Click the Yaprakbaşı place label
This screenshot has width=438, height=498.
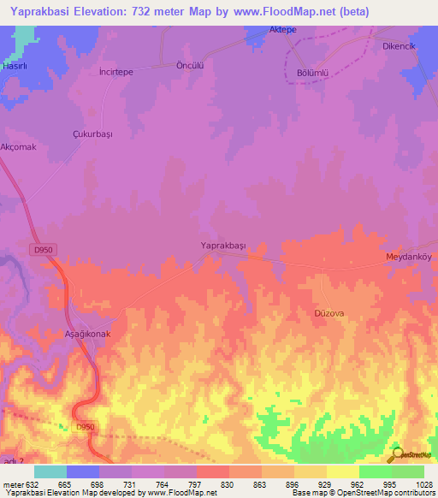(x=222, y=246)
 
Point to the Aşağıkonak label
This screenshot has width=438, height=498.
(x=88, y=334)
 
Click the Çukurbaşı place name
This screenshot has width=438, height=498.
(x=92, y=134)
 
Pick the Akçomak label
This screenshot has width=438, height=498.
(x=17, y=147)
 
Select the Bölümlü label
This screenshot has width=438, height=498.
(x=313, y=73)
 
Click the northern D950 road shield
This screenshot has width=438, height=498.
(x=45, y=249)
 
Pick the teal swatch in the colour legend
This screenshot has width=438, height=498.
(x=50, y=471)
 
